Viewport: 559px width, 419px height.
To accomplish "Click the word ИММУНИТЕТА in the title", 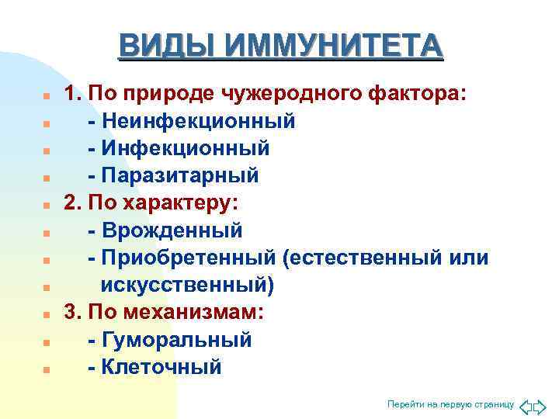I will tap(334, 46).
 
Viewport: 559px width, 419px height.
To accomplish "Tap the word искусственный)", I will tap(187, 285).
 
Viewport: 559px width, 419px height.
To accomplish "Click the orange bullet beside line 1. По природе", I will tap(47, 97).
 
